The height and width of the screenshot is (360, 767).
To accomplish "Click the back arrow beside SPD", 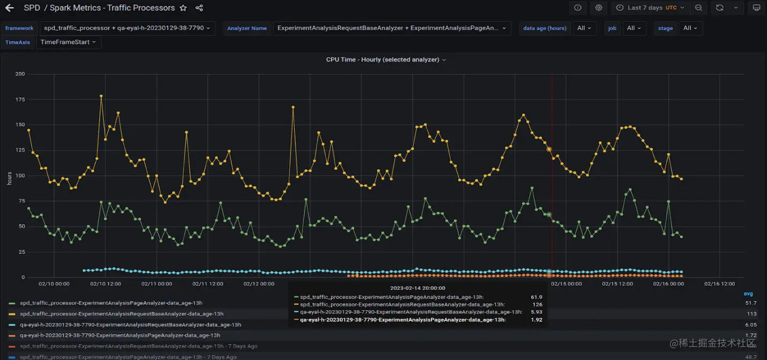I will (x=9, y=8).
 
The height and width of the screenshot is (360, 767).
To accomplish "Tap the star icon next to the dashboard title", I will (x=183, y=8).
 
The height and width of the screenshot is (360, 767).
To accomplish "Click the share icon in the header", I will (x=199, y=8).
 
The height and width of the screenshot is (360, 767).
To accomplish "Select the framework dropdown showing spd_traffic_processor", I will (x=127, y=28).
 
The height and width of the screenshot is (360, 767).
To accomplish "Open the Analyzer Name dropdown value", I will (x=392, y=28).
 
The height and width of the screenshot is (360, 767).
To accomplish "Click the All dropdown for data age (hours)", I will (x=584, y=28).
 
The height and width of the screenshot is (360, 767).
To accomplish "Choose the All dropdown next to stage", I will (x=690, y=28).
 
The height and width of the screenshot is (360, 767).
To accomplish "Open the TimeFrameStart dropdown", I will (x=68, y=42).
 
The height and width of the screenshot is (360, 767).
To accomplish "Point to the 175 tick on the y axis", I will (x=19, y=99).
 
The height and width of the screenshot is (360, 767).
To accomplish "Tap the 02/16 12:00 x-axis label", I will (x=720, y=284).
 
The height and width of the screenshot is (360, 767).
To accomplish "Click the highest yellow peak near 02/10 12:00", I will (x=101, y=96).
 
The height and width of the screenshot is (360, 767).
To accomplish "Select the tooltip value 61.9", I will (x=536, y=297).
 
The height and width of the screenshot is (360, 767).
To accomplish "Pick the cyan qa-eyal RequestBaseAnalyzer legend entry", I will (x=130, y=325).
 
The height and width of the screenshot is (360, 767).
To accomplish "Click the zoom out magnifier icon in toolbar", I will (x=698, y=8).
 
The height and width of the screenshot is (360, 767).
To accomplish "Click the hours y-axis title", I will (x=9, y=178).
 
